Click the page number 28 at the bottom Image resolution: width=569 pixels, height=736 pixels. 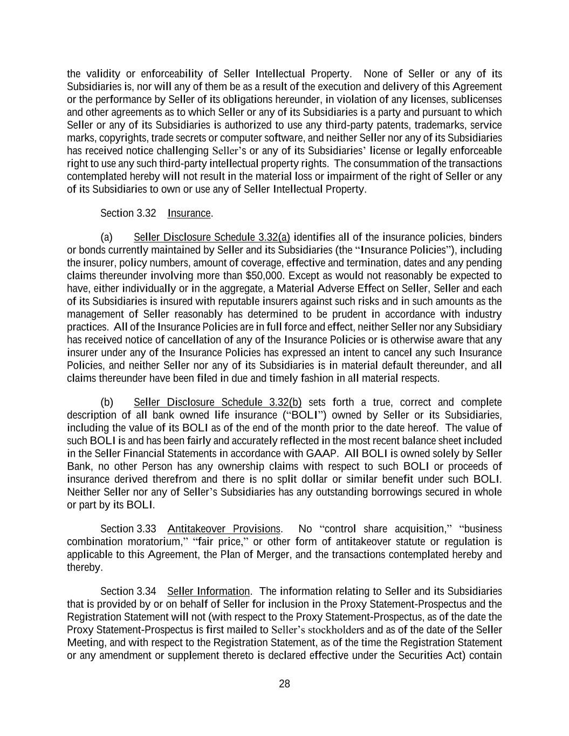(x=284, y=684)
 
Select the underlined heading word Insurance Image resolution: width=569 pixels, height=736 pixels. (x=189, y=213)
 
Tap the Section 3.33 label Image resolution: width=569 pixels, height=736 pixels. (x=128, y=529)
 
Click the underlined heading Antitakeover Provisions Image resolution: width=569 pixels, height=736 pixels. (x=224, y=529)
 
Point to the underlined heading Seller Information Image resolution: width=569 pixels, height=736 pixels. (x=208, y=591)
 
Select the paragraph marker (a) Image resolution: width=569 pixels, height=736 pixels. (x=106, y=237)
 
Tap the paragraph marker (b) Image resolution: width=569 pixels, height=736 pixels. (x=106, y=402)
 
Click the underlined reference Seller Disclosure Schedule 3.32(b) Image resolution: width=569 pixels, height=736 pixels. (x=217, y=402)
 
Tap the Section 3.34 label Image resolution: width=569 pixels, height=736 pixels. (x=128, y=591)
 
